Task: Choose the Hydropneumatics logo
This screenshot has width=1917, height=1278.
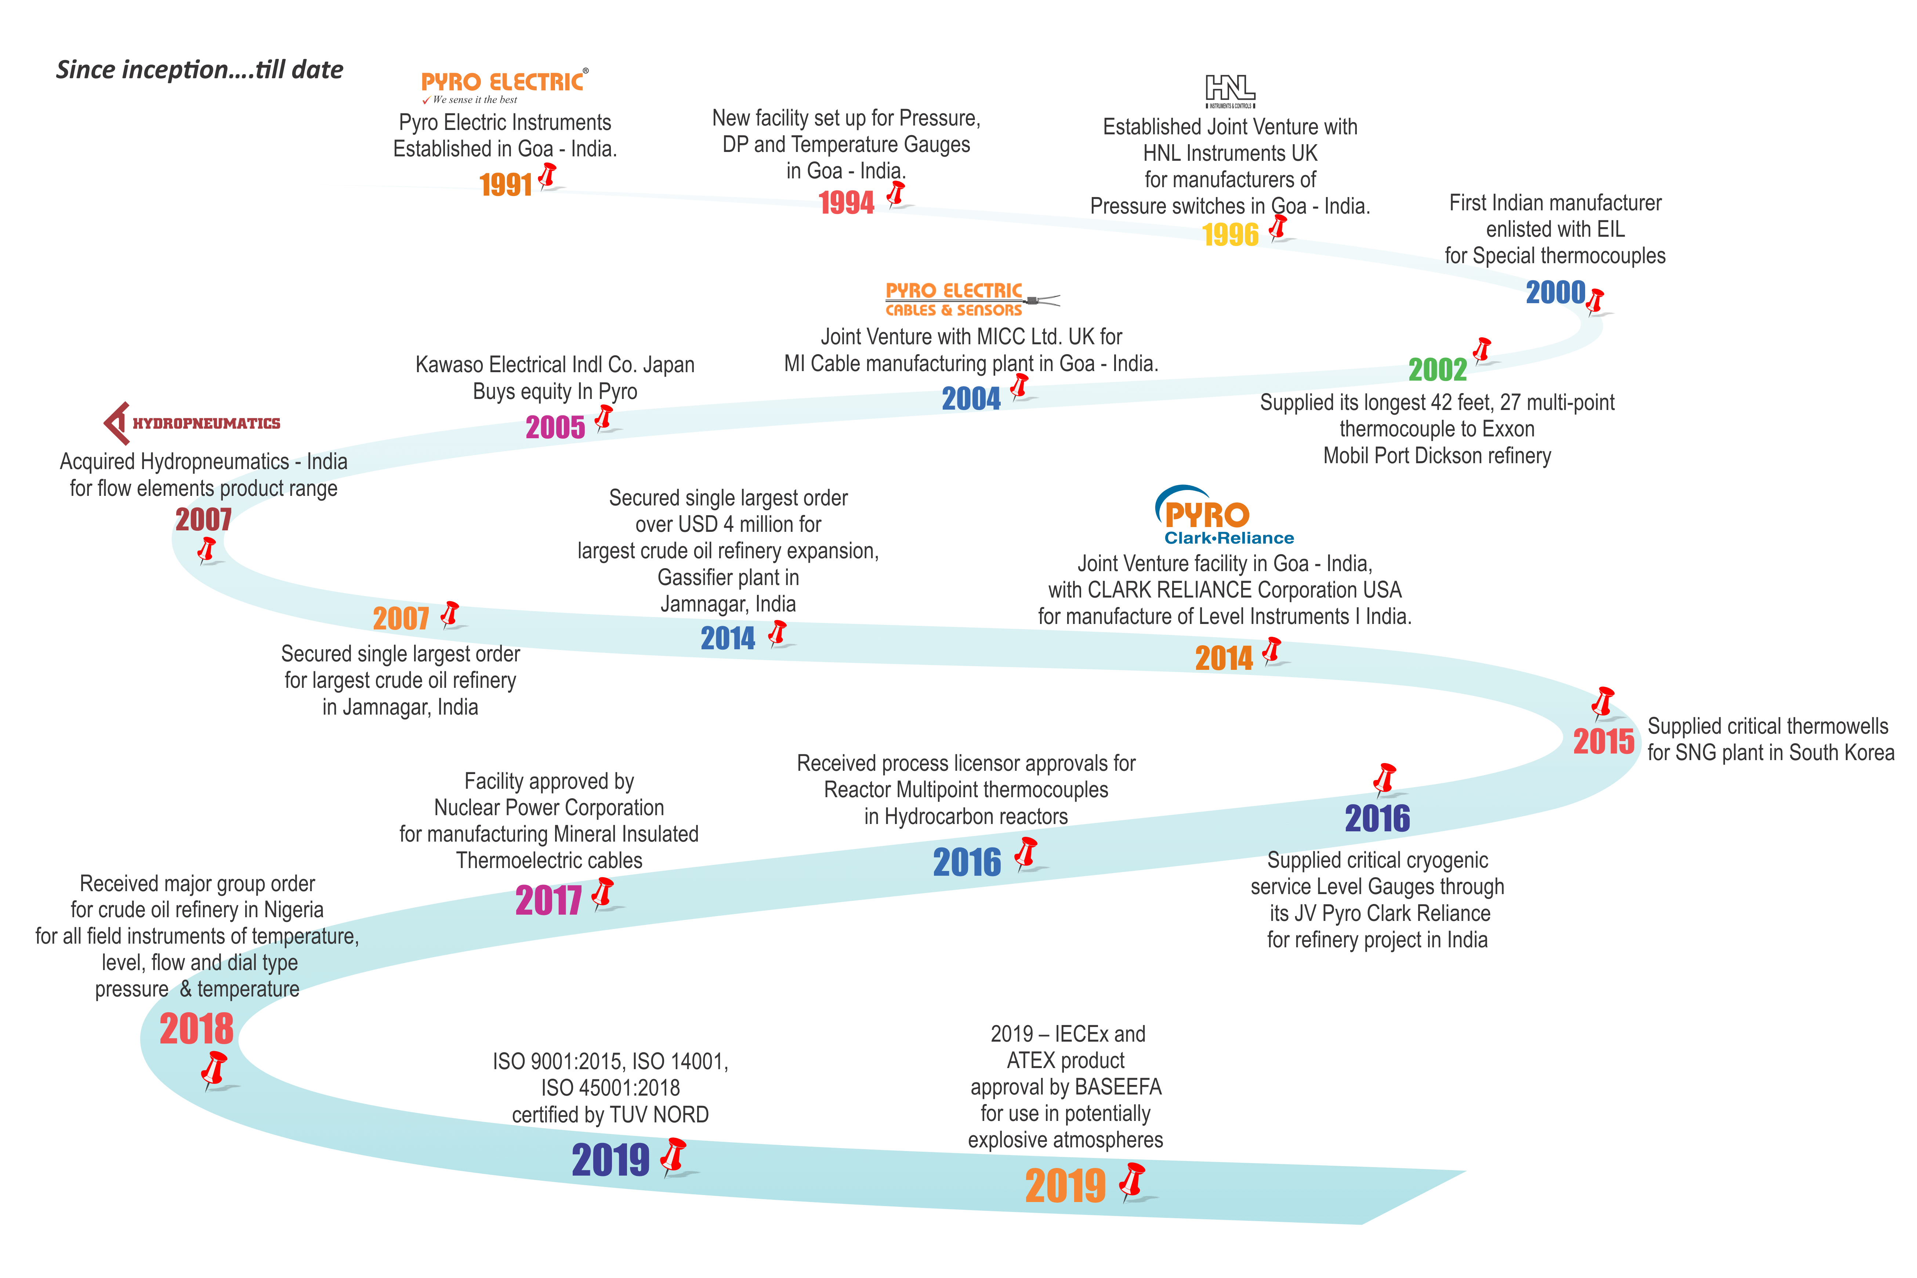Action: [192, 423]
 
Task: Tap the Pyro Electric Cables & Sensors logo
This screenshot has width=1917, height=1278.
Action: [972, 299]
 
